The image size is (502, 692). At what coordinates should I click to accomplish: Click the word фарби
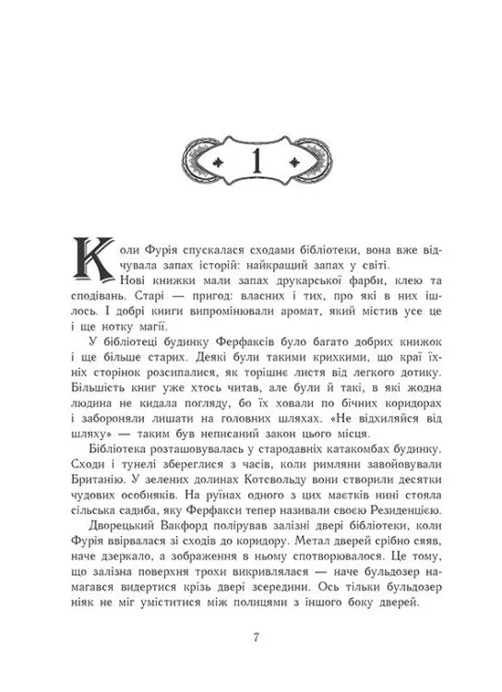(x=342, y=280)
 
